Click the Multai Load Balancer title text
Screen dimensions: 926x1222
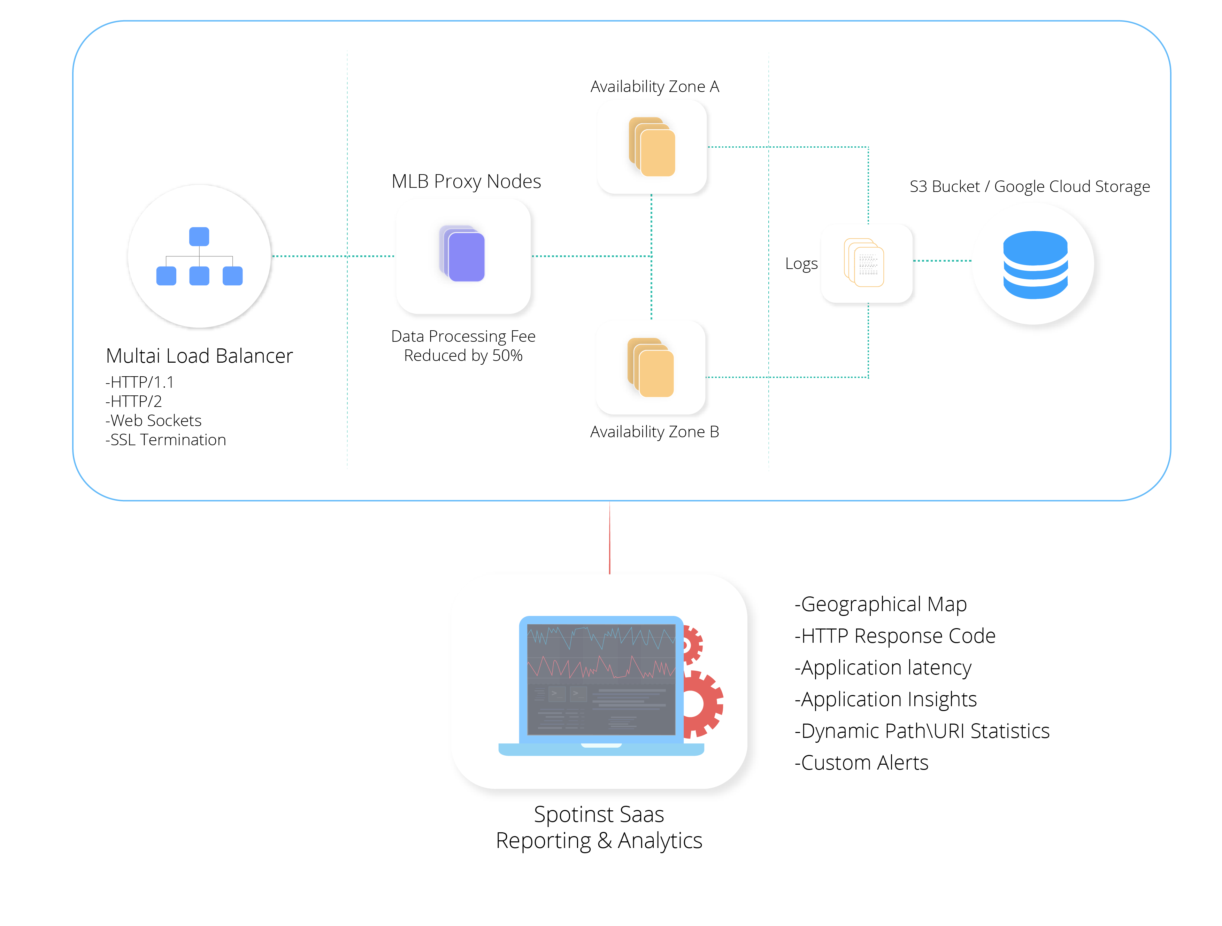click(199, 356)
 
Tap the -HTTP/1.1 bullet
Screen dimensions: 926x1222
click(140, 382)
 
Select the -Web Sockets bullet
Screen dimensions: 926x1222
click(154, 421)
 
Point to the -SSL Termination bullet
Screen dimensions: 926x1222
click(166, 440)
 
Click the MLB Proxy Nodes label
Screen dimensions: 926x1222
click(466, 182)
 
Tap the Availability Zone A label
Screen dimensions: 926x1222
click(655, 87)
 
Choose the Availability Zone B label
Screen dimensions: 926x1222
click(655, 432)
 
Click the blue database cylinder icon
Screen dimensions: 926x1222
click(1035, 265)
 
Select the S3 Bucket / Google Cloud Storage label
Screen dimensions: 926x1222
click(1030, 187)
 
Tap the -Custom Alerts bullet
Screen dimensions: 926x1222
click(862, 763)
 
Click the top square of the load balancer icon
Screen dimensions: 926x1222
click(199, 236)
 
